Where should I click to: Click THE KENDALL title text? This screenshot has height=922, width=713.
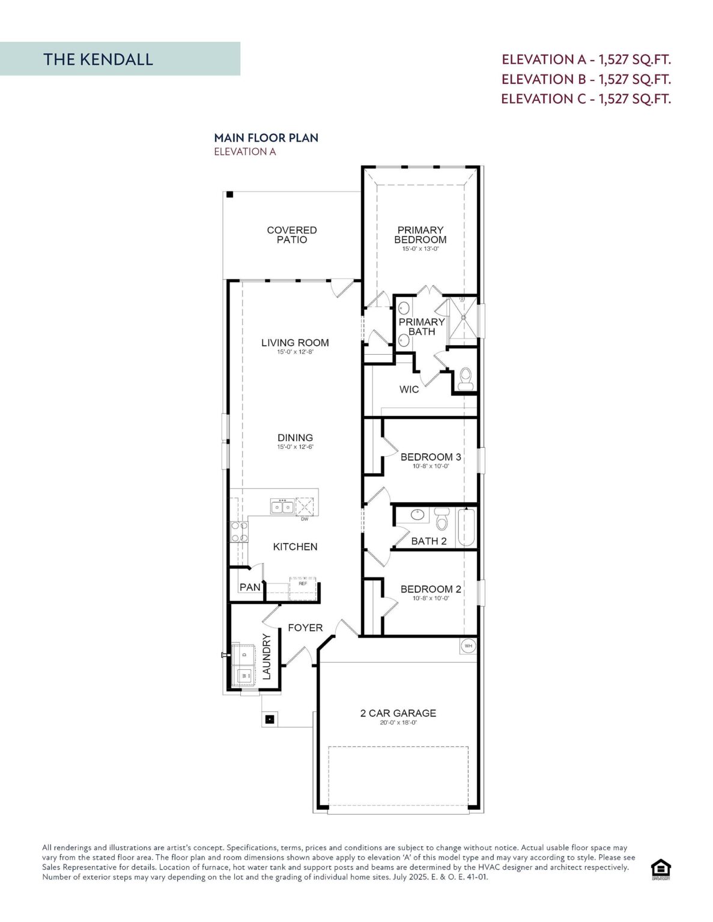(98, 59)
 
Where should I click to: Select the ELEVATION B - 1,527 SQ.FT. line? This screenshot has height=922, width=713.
(586, 79)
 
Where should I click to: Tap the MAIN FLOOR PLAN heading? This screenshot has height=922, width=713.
(266, 137)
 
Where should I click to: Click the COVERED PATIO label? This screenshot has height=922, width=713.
(292, 235)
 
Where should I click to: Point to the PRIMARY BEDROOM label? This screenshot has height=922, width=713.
(420, 235)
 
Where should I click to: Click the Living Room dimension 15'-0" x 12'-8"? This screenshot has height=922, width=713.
(295, 352)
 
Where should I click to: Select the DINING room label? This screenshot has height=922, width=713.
(295, 438)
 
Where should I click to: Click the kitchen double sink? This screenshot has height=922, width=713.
(282, 507)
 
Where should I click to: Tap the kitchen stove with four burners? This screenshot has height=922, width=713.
(240, 531)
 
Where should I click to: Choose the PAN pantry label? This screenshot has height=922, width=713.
(250, 587)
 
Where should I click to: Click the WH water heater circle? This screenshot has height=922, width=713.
(469, 646)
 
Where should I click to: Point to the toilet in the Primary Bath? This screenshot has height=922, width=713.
(466, 379)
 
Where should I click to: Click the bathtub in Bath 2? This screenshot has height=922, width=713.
(467, 526)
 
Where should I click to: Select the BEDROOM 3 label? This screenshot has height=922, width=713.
(431, 457)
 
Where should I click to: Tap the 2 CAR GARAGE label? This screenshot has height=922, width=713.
(398, 713)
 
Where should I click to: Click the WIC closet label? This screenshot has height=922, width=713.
(409, 390)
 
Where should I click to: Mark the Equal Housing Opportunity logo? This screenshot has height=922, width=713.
(661, 869)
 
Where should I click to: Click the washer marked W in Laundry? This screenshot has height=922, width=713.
(244, 675)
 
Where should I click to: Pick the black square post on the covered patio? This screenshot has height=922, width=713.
(229, 194)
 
